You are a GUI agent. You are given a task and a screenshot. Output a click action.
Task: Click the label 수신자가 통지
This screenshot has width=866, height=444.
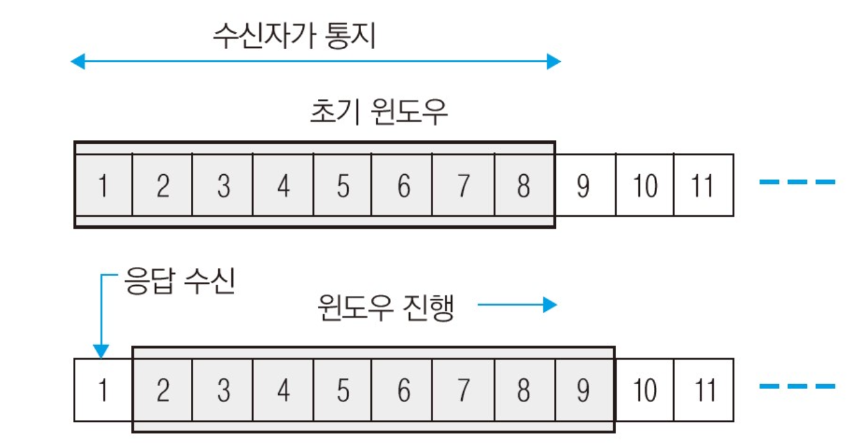pos(295,37)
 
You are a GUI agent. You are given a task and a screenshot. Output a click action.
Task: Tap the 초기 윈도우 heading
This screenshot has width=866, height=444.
pos(379,113)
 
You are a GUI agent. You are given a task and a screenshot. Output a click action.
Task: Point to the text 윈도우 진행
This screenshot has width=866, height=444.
pos(386,308)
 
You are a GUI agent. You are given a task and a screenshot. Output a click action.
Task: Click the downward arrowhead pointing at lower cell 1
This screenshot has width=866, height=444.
pos(100,351)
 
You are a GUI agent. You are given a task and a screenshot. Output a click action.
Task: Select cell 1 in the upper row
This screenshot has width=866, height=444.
pos(103,185)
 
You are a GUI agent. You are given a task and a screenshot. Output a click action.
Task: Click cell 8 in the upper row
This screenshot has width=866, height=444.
pos(523,185)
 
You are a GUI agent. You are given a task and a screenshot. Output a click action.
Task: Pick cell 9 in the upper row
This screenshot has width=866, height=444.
pos(583,185)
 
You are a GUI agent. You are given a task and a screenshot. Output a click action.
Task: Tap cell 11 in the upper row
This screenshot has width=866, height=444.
pos(704,185)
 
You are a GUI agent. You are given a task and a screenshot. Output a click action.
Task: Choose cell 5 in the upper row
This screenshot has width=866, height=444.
pos(343,185)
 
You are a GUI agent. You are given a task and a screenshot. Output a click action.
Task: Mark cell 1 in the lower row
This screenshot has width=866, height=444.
pos(103,390)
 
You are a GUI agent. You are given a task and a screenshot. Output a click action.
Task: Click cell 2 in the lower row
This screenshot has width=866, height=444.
pos(163,390)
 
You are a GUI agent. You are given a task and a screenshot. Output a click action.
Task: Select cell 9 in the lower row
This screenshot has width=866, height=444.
pos(583,390)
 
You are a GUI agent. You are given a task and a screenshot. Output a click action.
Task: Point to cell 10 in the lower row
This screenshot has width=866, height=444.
pos(644,390)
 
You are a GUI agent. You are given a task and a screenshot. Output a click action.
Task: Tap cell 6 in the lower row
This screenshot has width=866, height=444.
pos(403,390)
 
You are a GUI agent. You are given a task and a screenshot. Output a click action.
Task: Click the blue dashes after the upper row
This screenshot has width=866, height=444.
pos(797,181)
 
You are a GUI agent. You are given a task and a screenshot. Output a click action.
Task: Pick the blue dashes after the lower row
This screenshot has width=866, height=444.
pos(797,386)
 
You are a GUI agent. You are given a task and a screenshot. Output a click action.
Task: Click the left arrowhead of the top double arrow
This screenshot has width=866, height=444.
pos(77,62)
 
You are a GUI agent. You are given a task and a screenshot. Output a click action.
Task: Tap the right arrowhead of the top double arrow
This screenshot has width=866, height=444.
pos(554,62)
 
